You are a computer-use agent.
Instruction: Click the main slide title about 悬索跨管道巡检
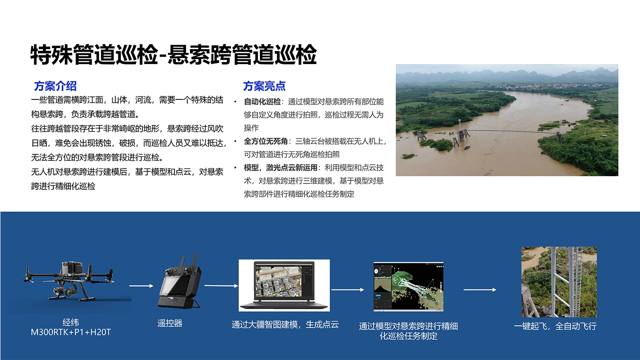173,55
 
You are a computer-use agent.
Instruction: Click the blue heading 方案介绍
55,86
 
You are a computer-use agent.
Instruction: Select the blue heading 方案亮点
264,86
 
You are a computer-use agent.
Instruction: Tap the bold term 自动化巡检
262,102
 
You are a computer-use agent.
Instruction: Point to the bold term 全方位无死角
265,141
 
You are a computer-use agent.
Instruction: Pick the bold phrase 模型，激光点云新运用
280,168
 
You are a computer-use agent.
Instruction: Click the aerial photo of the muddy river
506,120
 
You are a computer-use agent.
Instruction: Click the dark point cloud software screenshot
408,287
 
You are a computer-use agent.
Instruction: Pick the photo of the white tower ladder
559,282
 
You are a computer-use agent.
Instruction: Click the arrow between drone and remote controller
141,286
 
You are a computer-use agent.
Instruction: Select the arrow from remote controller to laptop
221,286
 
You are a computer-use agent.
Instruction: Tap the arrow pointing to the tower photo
480,290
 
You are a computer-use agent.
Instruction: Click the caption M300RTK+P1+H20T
71,332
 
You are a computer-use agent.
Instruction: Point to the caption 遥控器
170,323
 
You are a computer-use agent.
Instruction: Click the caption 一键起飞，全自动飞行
555,326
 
